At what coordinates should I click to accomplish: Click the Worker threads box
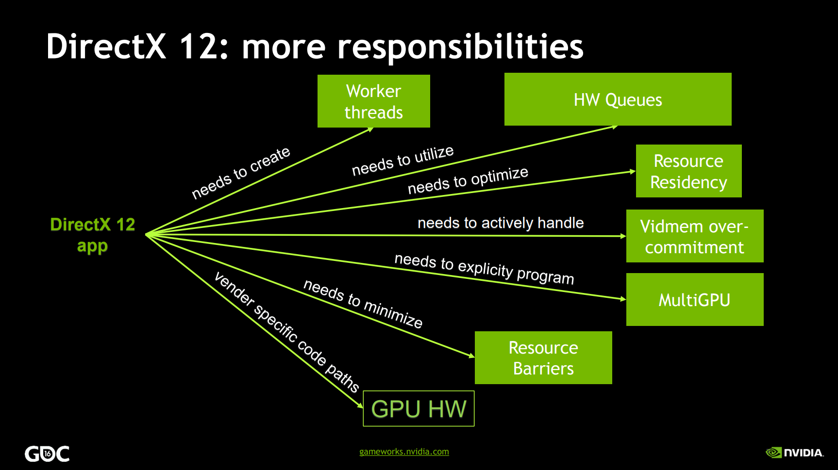click(374, 101)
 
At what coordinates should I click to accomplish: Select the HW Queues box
click(618, 99)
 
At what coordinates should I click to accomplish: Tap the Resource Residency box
click(689, 171)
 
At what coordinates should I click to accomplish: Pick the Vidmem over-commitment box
click(695, 236)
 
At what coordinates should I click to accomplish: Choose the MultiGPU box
click(695, 300)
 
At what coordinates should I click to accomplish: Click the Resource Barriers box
click(543, 358)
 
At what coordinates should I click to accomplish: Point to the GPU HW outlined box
click(419, 409)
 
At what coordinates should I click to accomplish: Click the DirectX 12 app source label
click(93, 235)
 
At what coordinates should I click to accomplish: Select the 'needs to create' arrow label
click(241, 173)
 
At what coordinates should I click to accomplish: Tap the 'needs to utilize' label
click(403, 161)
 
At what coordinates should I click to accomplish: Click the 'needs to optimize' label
click(468, 180)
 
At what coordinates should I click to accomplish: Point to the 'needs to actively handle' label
click(501, 223)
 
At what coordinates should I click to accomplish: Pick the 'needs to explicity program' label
click(484, 269)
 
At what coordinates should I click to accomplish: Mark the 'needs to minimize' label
click(363, 304)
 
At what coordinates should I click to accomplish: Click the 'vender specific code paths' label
click(286, 332)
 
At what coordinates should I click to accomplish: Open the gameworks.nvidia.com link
click(404, 452)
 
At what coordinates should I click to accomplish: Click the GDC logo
click(47, 454)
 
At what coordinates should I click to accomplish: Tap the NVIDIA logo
click(795, 453)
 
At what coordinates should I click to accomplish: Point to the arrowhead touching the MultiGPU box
click(623, 299)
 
